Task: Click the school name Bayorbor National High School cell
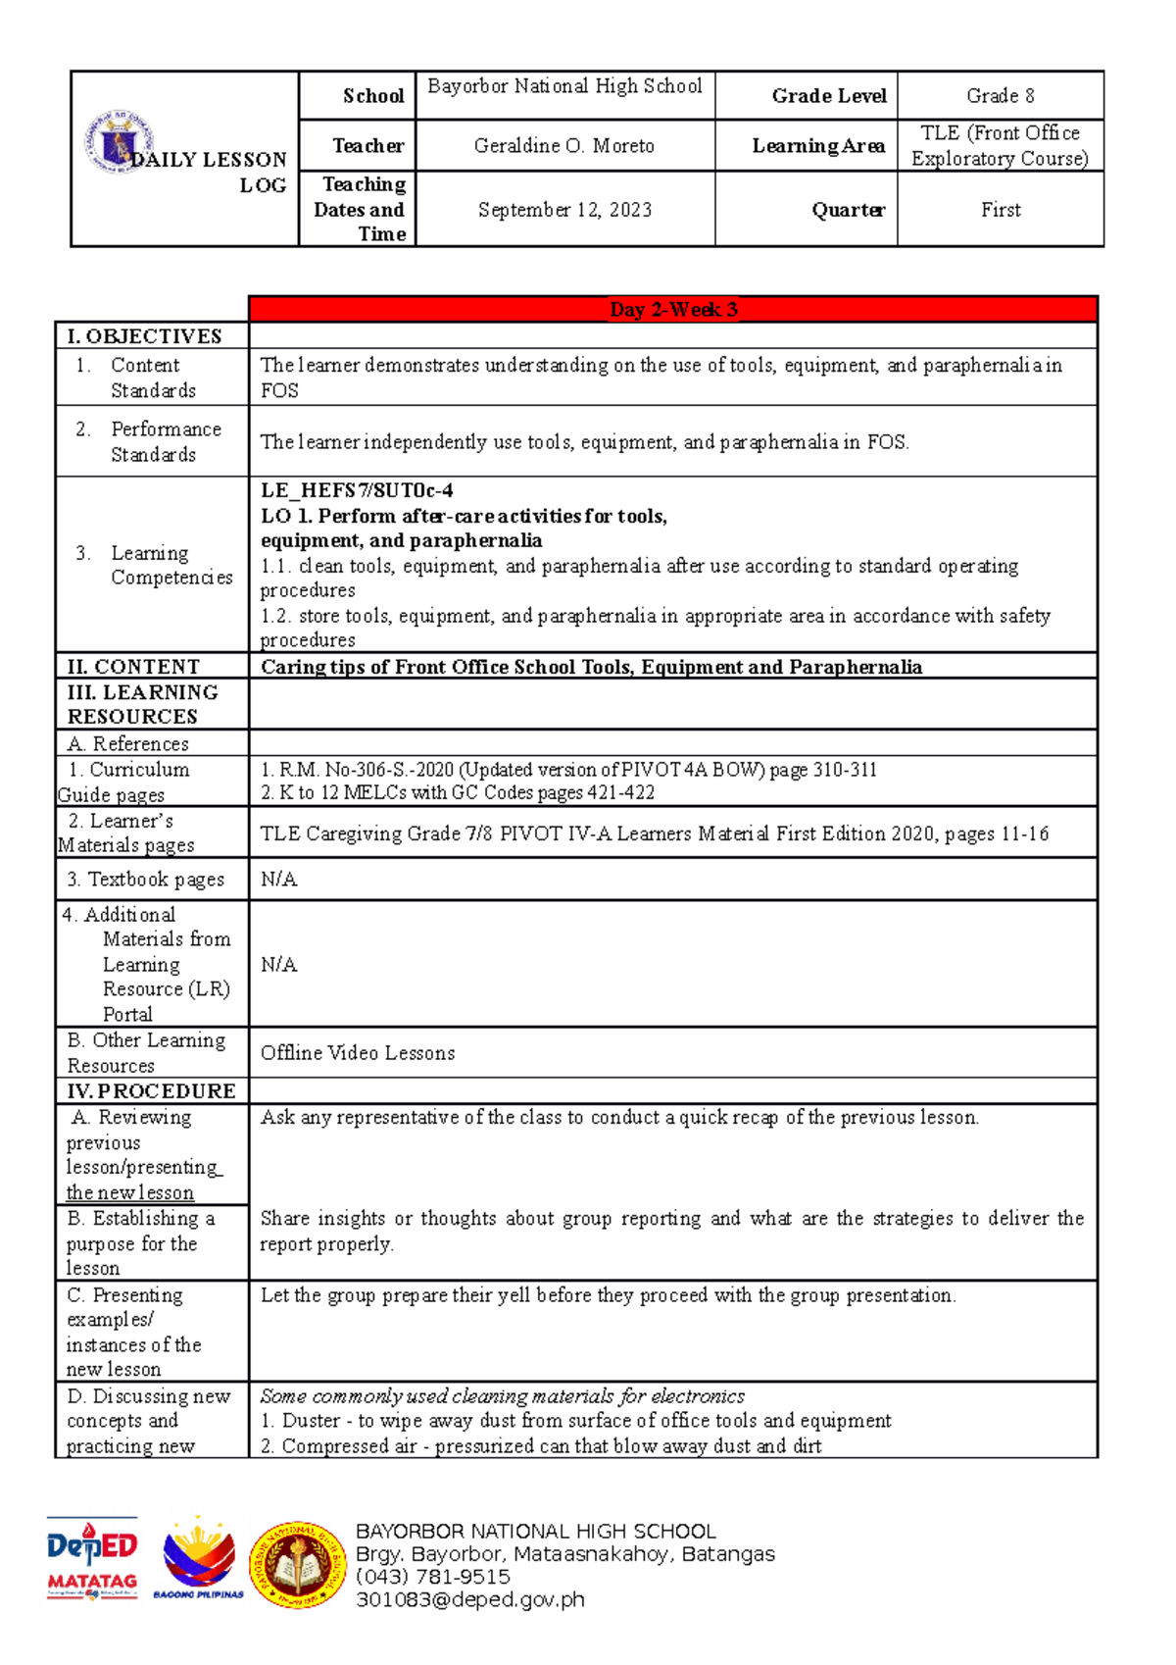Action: pos(564,86)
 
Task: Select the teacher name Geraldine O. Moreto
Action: pos(564,146)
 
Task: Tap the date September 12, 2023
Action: pos(564,210)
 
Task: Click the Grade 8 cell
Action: pos(1000,96)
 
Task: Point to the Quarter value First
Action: pos(1000,210)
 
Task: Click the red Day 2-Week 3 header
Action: pos(673,310)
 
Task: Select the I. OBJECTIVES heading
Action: pos(144,336)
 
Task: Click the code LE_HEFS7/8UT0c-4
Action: pos(357,490)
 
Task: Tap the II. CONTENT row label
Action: pos(133,667)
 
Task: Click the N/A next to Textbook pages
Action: pos(279,880)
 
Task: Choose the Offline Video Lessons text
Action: pos(358,1053)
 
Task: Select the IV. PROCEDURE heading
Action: pos(151,1091)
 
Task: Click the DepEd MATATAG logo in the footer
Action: pos(92,1559)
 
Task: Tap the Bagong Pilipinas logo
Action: pos(199,1559)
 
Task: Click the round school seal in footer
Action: pos(297,1565)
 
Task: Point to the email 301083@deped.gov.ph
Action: pos(470,1600)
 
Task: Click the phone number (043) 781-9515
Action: pos(433,1577)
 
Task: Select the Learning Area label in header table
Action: pos(818,146)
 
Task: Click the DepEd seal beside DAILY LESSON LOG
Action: pos(118,142)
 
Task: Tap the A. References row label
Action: pos(127,743)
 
